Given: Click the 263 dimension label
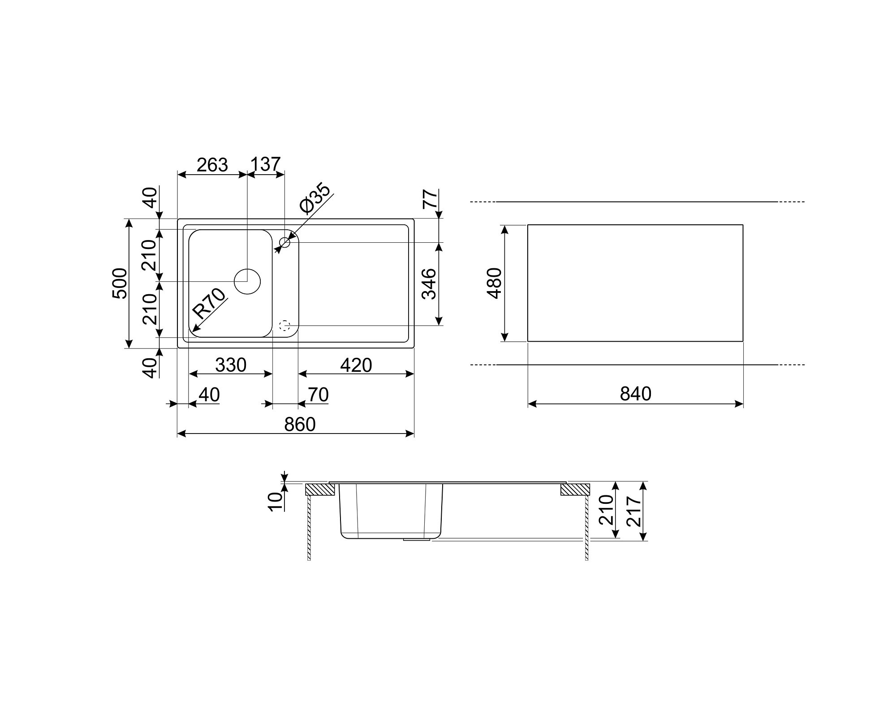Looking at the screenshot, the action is [x=212, y=165].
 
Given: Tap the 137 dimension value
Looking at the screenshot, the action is [x=265, y=164].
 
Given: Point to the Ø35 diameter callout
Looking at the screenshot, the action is [x=315, y=199].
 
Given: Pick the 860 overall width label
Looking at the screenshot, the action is [x=300, y=424].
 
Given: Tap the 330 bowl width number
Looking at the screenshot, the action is [x=231, y=365].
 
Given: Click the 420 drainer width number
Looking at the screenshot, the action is [x=356, y=365].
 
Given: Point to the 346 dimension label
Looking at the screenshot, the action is [x=429, y=283].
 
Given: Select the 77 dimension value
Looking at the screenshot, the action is [x=430, y=199].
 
